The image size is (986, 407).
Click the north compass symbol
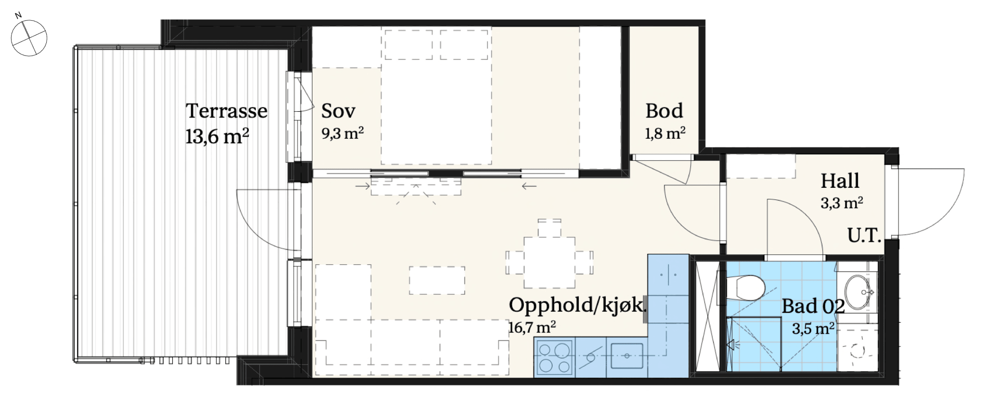(x=28, y=37)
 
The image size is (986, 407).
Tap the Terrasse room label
(x=226, y=111)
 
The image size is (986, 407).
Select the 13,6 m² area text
(x=217, y=136)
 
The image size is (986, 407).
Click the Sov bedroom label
(x=338, y=111)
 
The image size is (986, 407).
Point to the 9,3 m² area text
(x=342, y=133)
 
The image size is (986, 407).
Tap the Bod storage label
(x=664, y=111)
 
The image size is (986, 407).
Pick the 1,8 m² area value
(x=665, y=133)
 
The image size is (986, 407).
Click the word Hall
(x=840, y=181)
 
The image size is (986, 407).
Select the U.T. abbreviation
(x=864, y=236)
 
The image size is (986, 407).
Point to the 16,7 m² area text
(x=532, y=328)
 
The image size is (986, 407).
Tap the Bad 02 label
(x=813, y=306)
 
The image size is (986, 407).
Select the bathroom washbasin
(x=857, y=292)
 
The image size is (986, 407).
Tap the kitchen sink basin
(x=627, y=356)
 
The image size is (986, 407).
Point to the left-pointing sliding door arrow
(x=529, y=186)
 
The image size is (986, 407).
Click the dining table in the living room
(x=549, y=262)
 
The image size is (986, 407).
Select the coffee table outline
(x=437, y=280)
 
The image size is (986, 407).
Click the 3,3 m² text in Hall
(x=842, y=203)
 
